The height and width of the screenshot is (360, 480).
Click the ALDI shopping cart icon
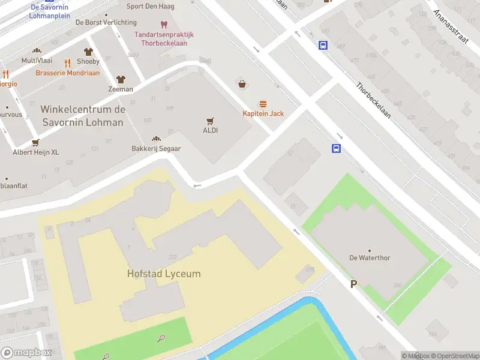210,121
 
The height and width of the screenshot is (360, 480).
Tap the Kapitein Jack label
263,113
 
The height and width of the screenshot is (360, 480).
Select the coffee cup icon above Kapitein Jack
242,85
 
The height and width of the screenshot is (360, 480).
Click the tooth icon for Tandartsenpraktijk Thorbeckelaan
164,24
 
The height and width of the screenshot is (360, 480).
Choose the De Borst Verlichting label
106,23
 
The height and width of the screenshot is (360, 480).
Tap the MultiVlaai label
37,61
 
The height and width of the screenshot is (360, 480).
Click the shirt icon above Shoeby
88,52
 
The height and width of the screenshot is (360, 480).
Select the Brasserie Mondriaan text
68,73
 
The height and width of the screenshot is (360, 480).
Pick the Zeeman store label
120,89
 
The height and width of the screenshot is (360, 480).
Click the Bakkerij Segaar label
156,148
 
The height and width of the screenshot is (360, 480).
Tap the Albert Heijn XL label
36,152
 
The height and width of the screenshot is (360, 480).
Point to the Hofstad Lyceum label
164,274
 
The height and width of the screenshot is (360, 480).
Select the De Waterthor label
370,258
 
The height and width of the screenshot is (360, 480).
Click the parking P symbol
353,284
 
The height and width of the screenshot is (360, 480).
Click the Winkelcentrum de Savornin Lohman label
82,116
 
